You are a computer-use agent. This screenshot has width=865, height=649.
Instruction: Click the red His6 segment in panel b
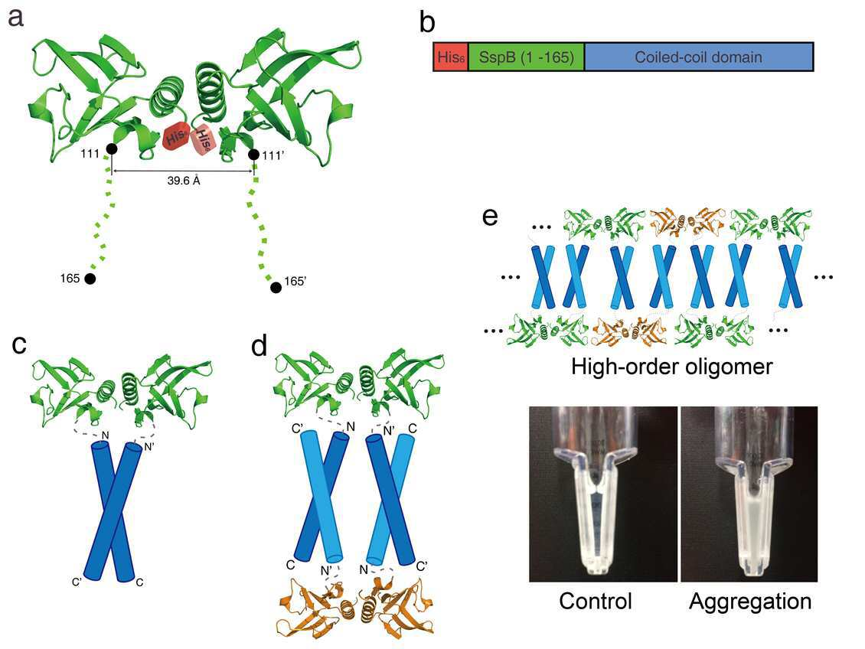[451, 57]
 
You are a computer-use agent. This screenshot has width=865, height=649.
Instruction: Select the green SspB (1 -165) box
[527, 57]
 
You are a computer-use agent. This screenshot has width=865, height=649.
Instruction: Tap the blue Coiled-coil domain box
[699, 57]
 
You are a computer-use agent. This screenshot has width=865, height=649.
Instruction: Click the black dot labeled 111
[112, 149]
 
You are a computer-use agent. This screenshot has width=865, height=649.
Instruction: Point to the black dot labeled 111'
[254, 155]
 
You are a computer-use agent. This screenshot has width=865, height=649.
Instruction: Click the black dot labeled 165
[90, 279]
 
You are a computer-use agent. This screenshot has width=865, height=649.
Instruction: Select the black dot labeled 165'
[276, 287]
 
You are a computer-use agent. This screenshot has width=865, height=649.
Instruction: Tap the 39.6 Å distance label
[184, 181]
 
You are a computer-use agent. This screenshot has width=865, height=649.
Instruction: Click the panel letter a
[15, 18]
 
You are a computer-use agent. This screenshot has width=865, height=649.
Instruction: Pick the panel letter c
[19, 344]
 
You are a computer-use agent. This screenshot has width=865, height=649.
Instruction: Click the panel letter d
[259, 346]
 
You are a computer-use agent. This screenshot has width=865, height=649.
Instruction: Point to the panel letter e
[490, 217]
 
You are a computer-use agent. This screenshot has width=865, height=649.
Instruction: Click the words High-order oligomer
[672, 366]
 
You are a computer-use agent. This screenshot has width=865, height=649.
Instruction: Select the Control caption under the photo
[596, 601]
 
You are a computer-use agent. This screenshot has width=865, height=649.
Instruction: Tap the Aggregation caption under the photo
[750, 601]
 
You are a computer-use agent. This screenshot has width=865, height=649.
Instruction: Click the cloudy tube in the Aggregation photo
[750, 496]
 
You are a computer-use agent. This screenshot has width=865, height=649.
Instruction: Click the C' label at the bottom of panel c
[77, 581]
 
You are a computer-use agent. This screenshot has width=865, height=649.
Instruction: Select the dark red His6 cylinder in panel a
[177, 135]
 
